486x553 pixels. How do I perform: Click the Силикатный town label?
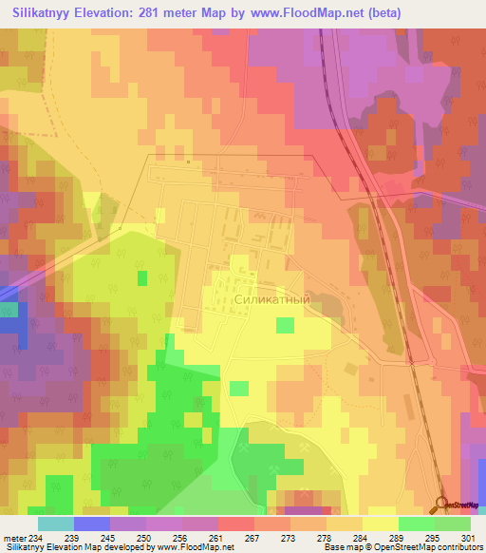271,297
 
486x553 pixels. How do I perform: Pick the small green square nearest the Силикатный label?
285,326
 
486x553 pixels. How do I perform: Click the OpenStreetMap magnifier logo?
443,503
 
